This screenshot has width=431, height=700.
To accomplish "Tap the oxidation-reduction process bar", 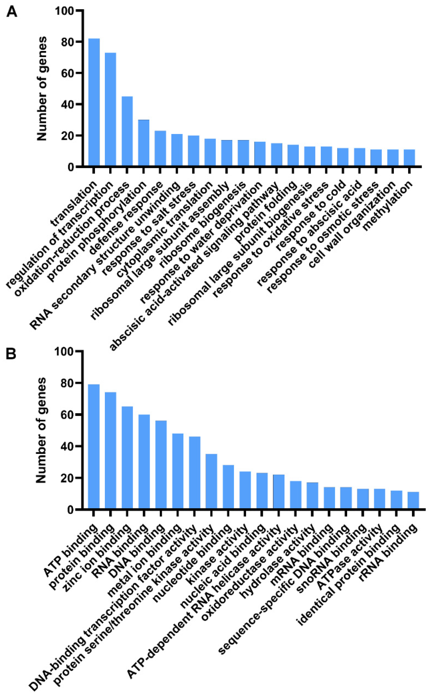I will pyautogui.click(x=127, y=131).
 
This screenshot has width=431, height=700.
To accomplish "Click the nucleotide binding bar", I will pyautogui.click(x=228, y=487).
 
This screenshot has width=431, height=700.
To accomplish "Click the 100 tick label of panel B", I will pyautogui.click(x=64, y=351).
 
